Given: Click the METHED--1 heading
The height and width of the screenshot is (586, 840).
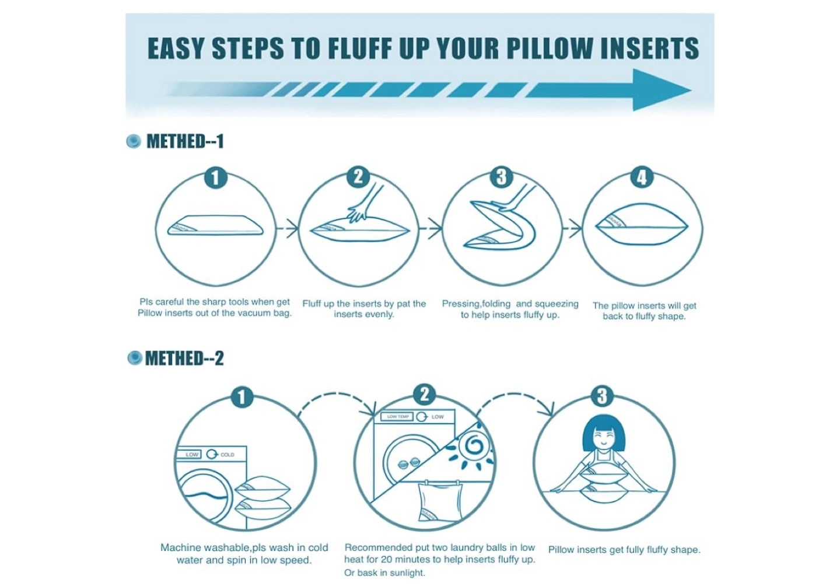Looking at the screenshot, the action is pos(185,141).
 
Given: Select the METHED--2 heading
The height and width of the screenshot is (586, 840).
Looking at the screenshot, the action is pos(184,358).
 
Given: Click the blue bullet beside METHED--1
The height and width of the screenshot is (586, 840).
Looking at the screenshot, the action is pos(134,141).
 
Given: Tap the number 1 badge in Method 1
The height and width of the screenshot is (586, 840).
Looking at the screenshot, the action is pos(216,178).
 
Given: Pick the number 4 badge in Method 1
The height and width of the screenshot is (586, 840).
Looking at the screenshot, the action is pos(642,177).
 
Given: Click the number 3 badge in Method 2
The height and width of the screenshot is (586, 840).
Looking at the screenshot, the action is pos(602,396).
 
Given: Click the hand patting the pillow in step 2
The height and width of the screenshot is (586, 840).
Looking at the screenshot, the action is pos(365,204).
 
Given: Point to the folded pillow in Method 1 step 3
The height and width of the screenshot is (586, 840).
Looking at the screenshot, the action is pos(499,225).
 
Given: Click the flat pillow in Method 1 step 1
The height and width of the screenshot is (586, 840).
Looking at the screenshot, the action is pos(215,225).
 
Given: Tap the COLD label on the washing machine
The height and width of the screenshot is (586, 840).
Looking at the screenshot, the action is pos(228,454).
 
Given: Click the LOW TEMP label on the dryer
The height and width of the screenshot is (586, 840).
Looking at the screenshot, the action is pos(397,416).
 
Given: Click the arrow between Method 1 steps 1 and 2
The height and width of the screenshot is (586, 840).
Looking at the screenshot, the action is pos(287,228).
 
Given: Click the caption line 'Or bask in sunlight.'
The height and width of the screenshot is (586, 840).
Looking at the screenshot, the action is pos(385,573).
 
